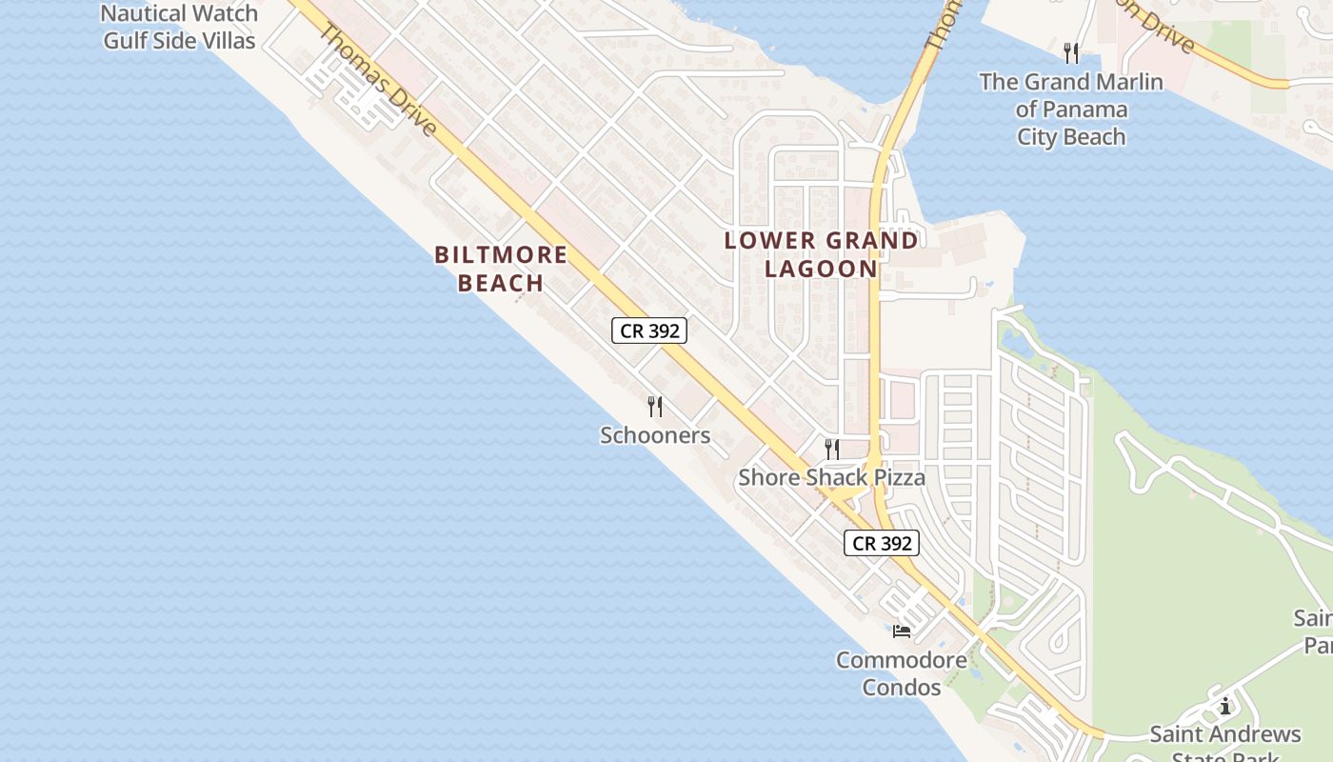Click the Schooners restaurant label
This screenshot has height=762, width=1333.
click(x=655, y=435)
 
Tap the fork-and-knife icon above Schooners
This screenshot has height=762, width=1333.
click(x=655, y=407)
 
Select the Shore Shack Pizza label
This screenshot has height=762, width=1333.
click(x=831, y=477)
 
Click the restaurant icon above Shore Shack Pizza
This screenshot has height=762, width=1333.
click(x=832, y=449)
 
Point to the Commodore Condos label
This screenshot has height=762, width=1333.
click(x=901, y=673)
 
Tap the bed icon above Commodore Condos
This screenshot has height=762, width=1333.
click(x=902, y=631)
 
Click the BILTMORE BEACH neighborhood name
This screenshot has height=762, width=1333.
click(x=501, y=269)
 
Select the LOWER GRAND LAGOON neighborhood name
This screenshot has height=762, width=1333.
click(x=821, y=254)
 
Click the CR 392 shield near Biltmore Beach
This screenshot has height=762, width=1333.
click(x=648, y=331)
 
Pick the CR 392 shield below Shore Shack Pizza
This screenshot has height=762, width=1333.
click(x=882, y=543)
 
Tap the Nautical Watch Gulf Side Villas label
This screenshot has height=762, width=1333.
click(x=179, y=27)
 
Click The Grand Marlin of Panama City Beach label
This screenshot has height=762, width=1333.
click(x=1071, y=110)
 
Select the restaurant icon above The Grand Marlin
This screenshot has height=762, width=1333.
click(x=1071, y=52)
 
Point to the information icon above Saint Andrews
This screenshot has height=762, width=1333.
click(x=1224, y=706)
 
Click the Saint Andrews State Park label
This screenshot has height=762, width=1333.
click(x=1224, y=743)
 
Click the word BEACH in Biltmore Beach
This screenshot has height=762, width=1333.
click(x=501, y=283)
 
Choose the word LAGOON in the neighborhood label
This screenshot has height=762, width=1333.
click(x=821, y=269)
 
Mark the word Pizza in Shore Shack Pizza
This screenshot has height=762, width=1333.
click(x=893, y=477)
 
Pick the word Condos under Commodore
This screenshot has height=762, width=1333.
click(x=901, y=687)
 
